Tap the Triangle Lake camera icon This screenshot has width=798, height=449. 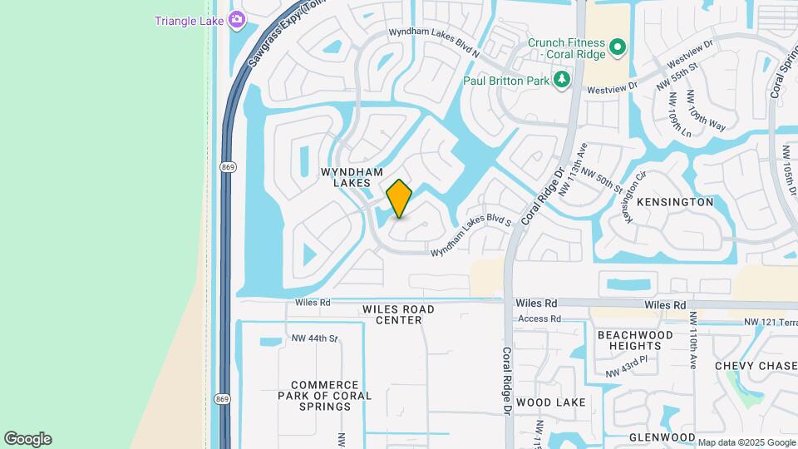(237, 19)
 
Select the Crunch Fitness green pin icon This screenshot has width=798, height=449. (617, 48)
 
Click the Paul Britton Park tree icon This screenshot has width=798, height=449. (564, 80)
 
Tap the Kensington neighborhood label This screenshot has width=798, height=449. (674, 202)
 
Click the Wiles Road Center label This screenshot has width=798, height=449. (398, 314)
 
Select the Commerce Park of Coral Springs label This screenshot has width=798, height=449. (325, 396)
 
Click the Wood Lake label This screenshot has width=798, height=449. (551, 402)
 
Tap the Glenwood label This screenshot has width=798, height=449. (662, 437)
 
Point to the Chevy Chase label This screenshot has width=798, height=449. (756, 366)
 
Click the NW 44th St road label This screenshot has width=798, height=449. (314, 338)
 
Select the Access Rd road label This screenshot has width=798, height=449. (539, 318)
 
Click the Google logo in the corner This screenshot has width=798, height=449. (27, 439)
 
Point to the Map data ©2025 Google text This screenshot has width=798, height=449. (746, 442)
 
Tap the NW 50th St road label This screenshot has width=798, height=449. (601, 179)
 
